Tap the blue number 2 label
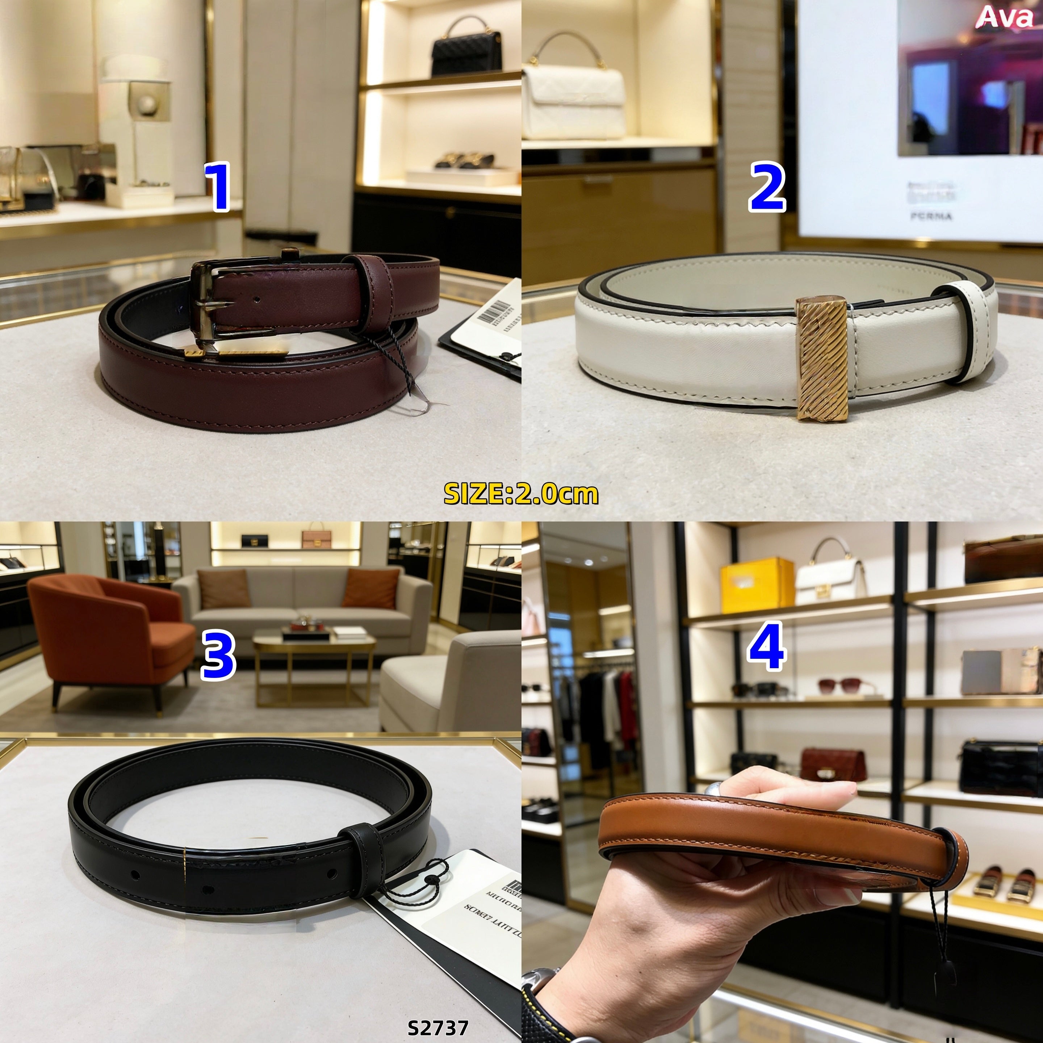point(767,187)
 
